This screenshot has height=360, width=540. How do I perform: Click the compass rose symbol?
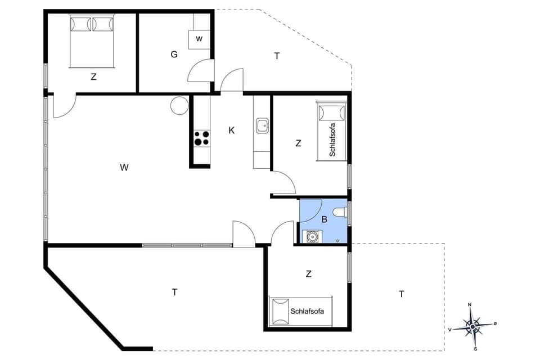474,325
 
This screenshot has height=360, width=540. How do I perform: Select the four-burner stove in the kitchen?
202,138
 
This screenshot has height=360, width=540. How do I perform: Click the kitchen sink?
263,126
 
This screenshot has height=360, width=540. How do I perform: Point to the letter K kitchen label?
231,130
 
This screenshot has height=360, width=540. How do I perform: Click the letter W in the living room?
124,167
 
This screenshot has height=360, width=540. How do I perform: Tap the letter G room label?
174,55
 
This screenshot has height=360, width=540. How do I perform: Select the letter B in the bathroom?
324,220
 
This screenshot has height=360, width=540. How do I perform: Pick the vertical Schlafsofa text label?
332,139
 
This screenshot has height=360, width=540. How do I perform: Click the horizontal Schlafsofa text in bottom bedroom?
308,310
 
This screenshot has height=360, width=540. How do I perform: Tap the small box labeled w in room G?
199,39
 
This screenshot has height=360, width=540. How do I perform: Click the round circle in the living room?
180,105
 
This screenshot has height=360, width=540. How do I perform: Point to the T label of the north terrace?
277,56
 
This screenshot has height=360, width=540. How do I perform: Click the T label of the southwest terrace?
175,291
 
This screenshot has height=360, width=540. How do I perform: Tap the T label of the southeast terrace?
402,294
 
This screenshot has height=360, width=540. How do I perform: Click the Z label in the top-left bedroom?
93,77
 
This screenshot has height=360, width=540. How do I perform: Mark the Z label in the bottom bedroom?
308,274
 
